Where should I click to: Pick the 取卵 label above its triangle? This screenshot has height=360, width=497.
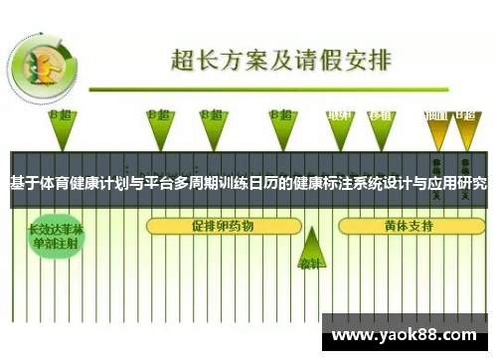[x=341, y=115]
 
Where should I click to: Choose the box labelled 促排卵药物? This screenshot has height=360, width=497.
[x=223, y=226]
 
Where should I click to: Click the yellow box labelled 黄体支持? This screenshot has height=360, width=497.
[x=408, y=226]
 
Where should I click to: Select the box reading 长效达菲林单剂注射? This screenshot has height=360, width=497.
[x=56, y=235]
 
